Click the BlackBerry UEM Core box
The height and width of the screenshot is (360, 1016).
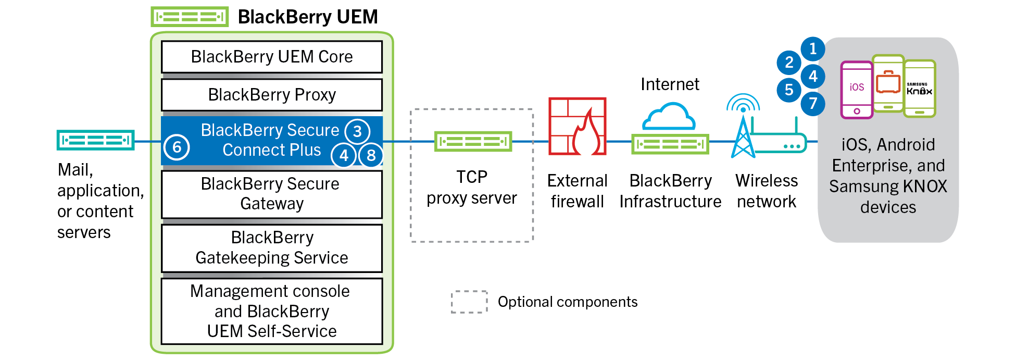click(x=271, y=57)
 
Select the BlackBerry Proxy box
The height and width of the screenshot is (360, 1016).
click(x=271, y=95)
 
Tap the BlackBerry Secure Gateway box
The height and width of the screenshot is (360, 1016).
click(x=271, y=194)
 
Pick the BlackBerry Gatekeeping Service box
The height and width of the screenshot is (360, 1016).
click(x=271, y=248)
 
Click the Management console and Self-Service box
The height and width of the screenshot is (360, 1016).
click(x=271, y=311)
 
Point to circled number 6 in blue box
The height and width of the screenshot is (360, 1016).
click(x=177, y=147)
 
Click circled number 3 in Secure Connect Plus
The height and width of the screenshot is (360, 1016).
click(x=357, y=131)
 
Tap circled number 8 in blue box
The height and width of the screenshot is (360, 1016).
click(x=371, y=155)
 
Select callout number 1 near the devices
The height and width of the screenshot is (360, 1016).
click(x=812, y=49)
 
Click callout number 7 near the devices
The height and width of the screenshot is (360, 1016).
click(x=812, y=103)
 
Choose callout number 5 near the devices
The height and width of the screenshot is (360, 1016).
click(x=789, y=90)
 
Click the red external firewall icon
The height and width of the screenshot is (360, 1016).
click(x=577, y=126)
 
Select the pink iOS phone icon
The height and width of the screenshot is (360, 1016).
click(x=856, y=90)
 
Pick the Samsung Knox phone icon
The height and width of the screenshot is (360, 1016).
click(x=920, y=89)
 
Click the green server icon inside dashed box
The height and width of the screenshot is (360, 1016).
click(x=473, y=141)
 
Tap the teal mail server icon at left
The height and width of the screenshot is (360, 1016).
click(x=95, y=140)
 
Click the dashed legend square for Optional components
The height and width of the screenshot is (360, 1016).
click(x=469, y=302)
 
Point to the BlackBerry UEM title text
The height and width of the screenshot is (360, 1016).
click(x=307, y=17)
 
